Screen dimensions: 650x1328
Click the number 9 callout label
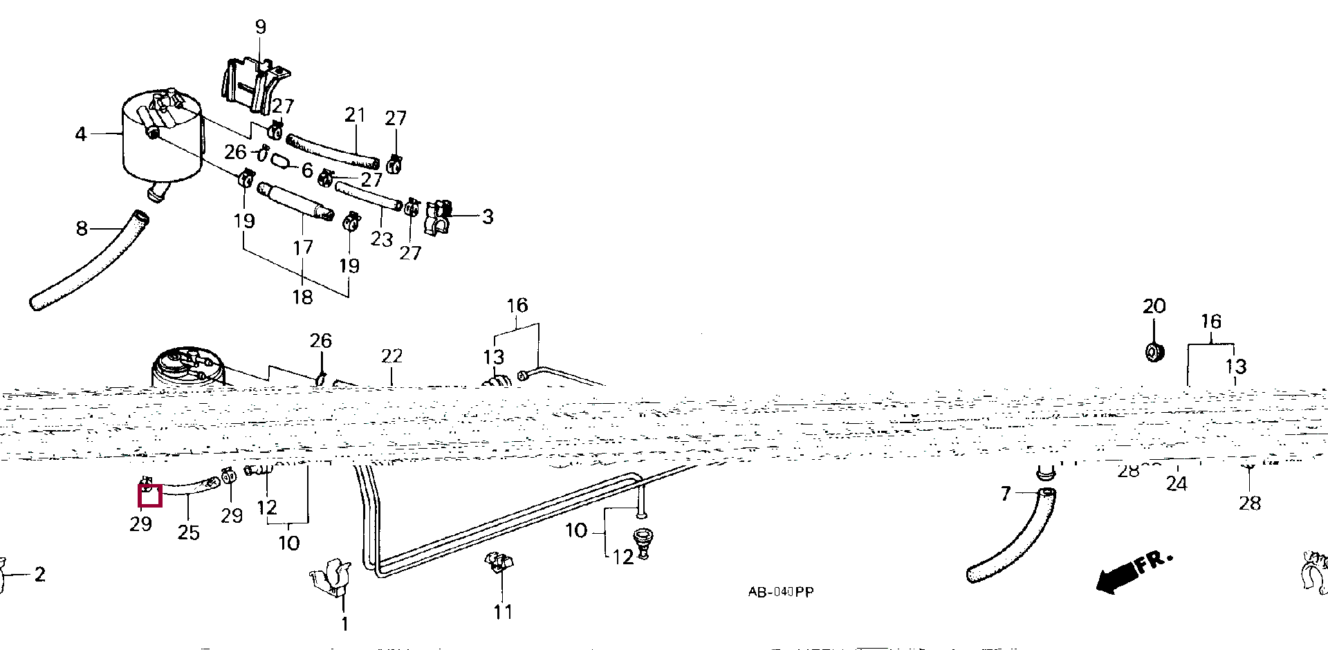coord(260,27)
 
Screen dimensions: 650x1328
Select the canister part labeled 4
coord(163,142)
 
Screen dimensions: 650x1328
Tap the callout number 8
coord(82,228)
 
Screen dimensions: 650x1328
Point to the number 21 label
coord(354,115)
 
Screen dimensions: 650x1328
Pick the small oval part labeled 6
coord(279,161)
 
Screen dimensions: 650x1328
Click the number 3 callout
coord(488,216)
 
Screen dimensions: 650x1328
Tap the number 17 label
coord(303,247)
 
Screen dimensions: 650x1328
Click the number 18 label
coord(302,297)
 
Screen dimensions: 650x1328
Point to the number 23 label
coord(381,239)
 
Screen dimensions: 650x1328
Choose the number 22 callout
coord(391,356)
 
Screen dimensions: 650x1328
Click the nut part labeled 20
coord(1154,351)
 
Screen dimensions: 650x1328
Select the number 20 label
coord(1154,306)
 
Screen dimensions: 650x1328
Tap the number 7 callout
coord(1006,494)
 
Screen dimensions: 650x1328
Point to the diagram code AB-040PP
coord(780,592)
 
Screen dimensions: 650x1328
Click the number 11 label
coord(503,612)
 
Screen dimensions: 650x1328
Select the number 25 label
coord(188,532)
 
